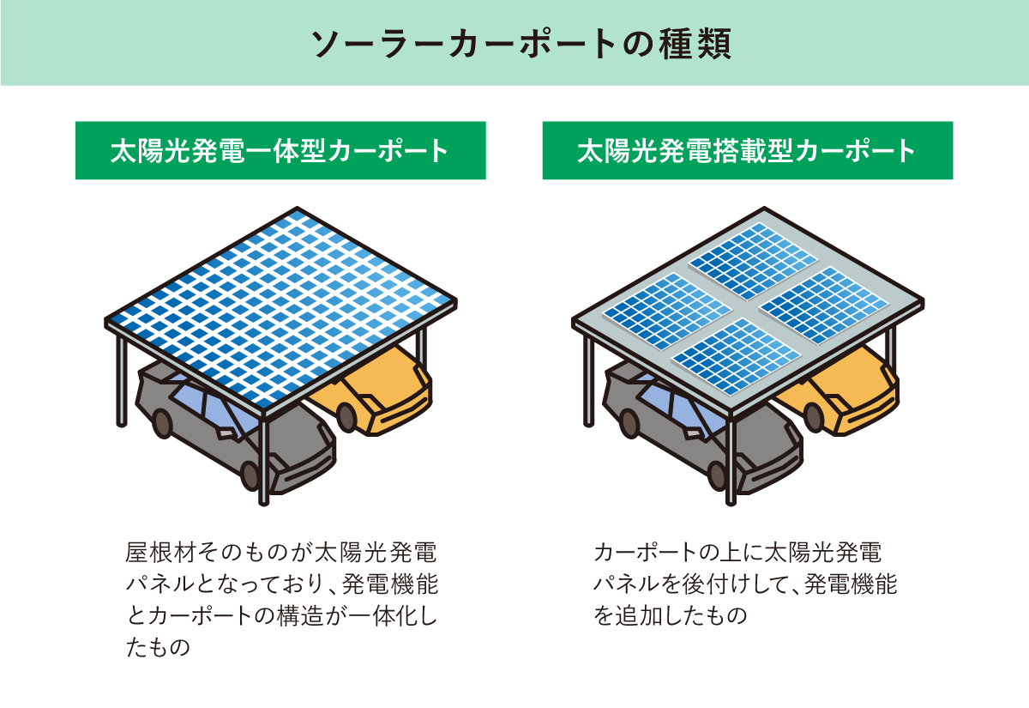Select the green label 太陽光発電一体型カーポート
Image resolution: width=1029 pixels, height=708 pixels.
280,151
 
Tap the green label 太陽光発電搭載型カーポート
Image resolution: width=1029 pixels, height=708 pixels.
747,151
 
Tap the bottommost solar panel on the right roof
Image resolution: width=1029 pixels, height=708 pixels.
737,355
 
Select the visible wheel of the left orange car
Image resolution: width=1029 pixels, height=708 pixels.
346,417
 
